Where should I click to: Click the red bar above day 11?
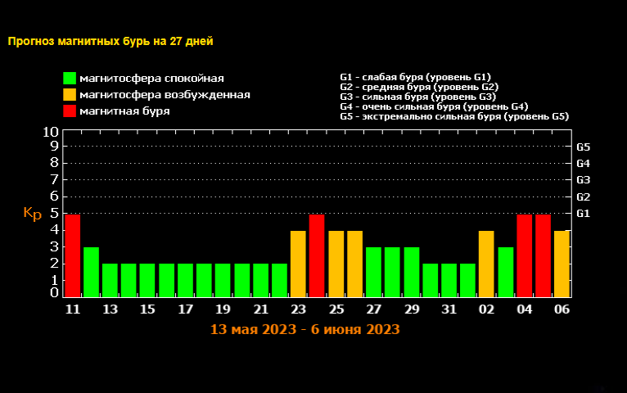[x=72, y=255]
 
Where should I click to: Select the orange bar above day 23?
[x=298, y=264]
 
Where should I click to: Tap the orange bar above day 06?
[x=562, y=264]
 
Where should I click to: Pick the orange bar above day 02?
[x=486, y=264]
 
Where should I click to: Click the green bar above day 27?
[x=373, y=272]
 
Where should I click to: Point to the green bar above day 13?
[x=110, y=280]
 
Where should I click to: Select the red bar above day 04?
[x=524, y=255]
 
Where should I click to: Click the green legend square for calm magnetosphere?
[x=70, y=79]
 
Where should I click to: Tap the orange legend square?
[x=70, y=95]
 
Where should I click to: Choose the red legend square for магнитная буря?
[x=70, y=111]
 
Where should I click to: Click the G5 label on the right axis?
[x=584, y=147]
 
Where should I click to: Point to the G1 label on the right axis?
[x=584, y=214]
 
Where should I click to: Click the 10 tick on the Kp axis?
[x=50, y=131]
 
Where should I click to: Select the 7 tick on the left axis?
[x=55, y=180]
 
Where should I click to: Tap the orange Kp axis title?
[x=32, y=214]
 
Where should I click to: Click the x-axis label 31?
[x=449, y=309]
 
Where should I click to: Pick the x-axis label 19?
[x=223, y=309]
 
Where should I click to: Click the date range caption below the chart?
[x=304, y=329]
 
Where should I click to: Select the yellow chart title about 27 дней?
[x=115, y=40]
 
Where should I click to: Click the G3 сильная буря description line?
[x=417, y=97]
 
